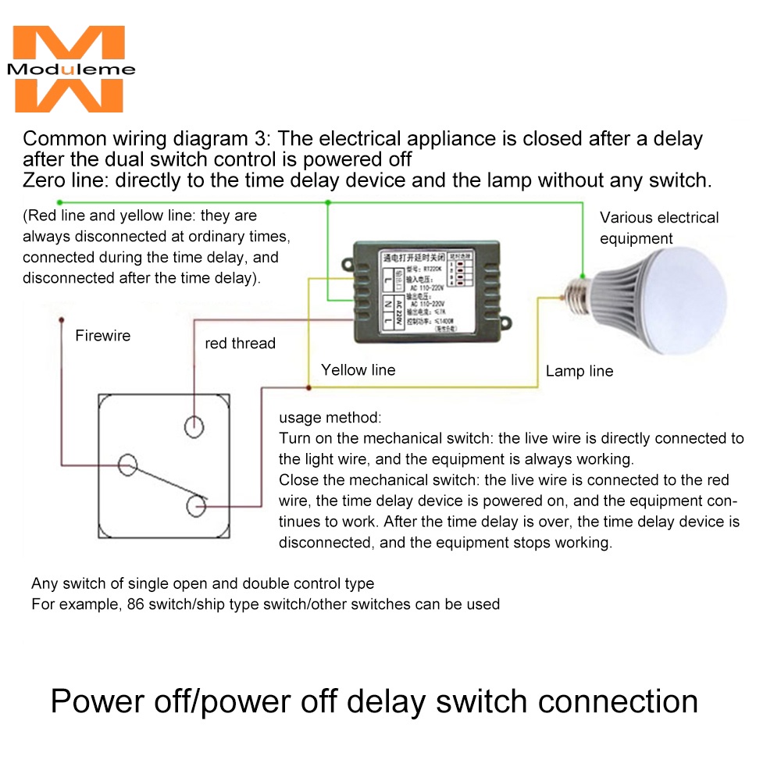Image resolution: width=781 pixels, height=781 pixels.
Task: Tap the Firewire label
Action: tap(102, 336)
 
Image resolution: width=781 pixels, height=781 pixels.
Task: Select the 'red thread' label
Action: tap(240, 343)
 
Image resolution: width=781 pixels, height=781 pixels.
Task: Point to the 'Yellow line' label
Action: tap(358, 370)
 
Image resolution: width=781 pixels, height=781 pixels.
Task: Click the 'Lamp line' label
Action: tap(579, 371)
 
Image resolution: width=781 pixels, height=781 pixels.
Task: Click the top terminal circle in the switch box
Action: tap(194, 426)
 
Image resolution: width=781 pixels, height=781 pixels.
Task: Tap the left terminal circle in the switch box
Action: tap(127, 465)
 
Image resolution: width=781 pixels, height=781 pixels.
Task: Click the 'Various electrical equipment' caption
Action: tap(658, 227)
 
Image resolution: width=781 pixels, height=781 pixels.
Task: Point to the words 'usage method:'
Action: tap(330, 417)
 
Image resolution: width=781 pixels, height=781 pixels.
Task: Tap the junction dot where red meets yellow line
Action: tap(309, 387)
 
